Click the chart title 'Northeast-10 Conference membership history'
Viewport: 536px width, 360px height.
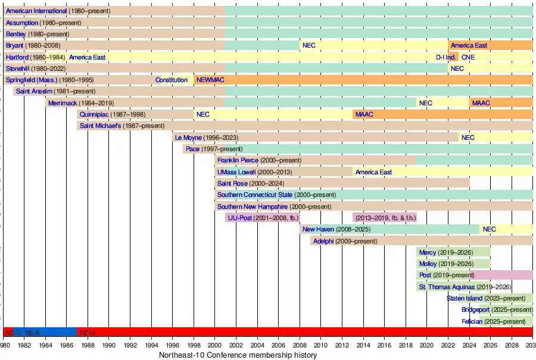pyautogui.click(x=238, y=355)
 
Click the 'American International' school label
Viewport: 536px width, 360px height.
pyautogui.click(x=36, y=11)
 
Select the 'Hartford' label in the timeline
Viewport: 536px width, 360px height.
pyautogui.click(x=17, y=57)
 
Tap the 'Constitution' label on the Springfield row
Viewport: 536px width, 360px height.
pyautogui.click(x=172, y=80)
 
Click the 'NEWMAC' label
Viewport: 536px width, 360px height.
pyautogui.click(x=210, y=80)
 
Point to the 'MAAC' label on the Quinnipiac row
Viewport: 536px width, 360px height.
pyautogui.click(x=364, y=114)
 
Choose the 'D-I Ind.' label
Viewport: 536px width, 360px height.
pyautogui.click(x=446, y=57)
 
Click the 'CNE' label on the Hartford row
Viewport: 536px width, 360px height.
pyautogui.click(x=468, y=57)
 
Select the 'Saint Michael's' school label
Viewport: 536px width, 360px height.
pyautogui.click(x=100, y=126)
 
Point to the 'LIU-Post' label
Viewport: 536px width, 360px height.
pyautogui.click(x=241, y=218)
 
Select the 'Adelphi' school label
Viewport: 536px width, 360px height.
pyautogui.click(x=323, y=241)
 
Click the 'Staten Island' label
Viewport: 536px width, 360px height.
pyautogui.click(x=465, y=298)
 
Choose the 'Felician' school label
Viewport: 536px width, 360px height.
pyautogui.click(x=472, y=321)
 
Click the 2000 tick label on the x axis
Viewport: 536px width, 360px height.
pyautogui.click(x=215, y=345)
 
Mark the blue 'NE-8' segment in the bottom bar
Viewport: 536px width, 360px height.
pyautogui.click(x=33, y=332)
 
